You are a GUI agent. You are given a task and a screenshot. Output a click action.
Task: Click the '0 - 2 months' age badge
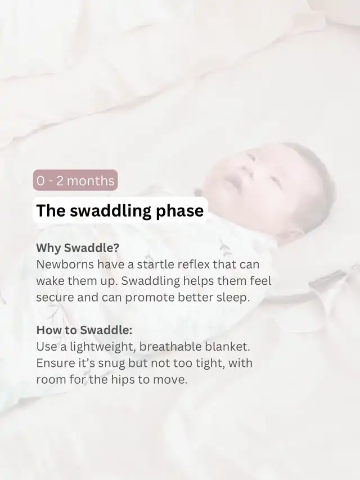coord(75,180)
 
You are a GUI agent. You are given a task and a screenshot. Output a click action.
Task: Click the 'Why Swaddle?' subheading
coord(78,248)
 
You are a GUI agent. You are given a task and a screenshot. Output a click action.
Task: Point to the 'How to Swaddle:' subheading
coord(84,330)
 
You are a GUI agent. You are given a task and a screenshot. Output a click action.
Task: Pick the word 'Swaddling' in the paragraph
coord(151,281)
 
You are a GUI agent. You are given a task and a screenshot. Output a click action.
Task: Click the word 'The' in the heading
coord(51,211)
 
